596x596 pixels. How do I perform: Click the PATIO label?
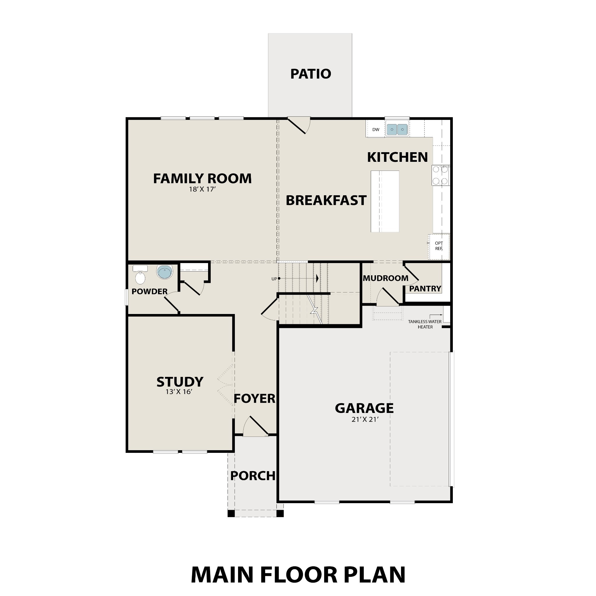pyautogui.click(x=310, y=74)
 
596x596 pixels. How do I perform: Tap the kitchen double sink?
pyautogui.click(x=397, y=130)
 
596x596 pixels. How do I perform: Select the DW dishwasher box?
pyautogui.click(x=375, y=130)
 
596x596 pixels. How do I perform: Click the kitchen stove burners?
pyautogui.click(x=440, y=175)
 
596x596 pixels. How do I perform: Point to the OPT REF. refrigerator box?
pyautogui.click(x=439, y=246)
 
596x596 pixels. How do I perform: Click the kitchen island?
pyautogui.click(x=385, y=201)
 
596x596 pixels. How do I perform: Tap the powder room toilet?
pyautogui.click(x=140, y=276)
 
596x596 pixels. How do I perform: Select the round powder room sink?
pyautogui.click(x=164, y=272)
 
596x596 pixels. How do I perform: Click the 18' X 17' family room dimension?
pyautogui.click(x=202, y=189)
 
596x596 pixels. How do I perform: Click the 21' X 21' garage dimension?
pyautogui.click(x=365, y=420)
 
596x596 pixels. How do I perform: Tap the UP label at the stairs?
pyautogui.click(x=274, y=279)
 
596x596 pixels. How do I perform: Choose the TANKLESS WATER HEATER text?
pyautogui.click(x=425, y=324)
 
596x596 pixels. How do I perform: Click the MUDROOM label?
pyautogui.click(x=385, y=278)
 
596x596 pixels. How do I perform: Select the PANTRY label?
pyautogui.click(x=425, y=289)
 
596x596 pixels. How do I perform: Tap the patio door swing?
pyautogui.click(x=298, y=125)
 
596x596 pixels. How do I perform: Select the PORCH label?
pyautogui.click(x=253, y=476)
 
